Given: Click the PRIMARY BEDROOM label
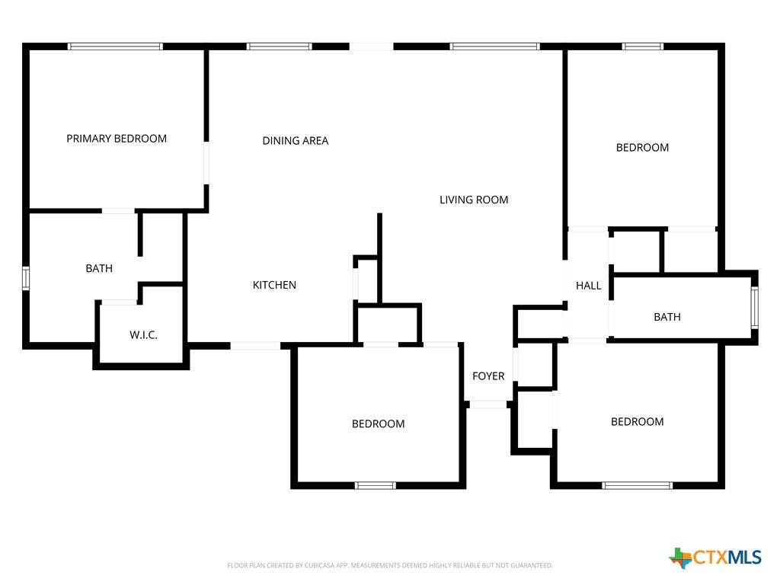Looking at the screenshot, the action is click(117, 139).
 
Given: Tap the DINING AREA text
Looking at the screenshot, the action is click(296, 141).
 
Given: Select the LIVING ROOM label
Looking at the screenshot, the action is click(474, 200).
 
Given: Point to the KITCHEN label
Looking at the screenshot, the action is click(274, 285).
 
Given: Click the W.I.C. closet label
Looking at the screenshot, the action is click(144, 335).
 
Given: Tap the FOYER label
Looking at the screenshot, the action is click(488, 376).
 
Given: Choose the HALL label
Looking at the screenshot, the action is click(589, 286).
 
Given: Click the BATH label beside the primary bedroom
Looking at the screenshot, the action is click(99, 269).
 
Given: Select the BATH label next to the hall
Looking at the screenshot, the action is click(667, 317).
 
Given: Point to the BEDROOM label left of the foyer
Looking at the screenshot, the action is click(378, 424).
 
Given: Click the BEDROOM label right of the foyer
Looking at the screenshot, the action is click(638, 422).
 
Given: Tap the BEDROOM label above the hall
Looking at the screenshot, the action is click(642, 148).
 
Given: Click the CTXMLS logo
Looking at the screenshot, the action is click(715, 557).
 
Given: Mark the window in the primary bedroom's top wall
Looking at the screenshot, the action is click(116, 46).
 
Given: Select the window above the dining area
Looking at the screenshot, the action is click(280, 46).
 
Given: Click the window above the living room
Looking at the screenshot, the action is click(495, 46).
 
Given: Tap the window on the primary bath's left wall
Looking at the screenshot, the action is click(26, 278).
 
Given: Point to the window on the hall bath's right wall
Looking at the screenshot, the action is click(755, 308).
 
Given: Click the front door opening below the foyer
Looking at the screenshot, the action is click(488, 405).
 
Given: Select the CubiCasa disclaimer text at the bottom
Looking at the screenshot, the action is click(390, 566).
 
